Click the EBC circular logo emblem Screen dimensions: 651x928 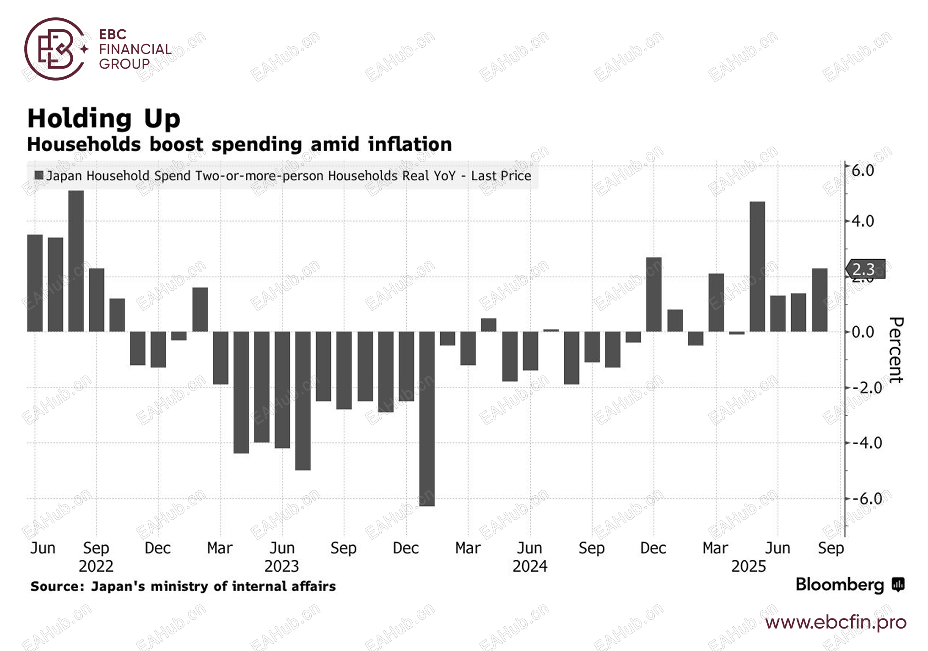click(55, 49)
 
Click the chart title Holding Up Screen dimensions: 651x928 click(104, 119)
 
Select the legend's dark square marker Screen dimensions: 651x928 click(39, 175)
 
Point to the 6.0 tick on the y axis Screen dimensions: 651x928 click(863, 170)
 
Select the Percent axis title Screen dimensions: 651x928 click(896, 350)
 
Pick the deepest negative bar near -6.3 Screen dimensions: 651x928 click(427, 418)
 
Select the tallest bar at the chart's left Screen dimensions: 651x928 click(76, 261)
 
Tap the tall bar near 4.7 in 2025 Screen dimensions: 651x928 click(757, 266)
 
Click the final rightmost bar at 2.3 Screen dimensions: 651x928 click(820, 300)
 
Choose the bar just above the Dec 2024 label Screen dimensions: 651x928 click(654, 294)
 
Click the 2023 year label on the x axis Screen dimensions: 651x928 click(281, 566)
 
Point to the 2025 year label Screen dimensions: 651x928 click(748, 566)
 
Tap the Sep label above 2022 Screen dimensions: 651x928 click(96, 548)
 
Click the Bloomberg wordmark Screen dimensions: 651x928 click(840, 585)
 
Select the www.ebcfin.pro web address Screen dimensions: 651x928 click(836, 622)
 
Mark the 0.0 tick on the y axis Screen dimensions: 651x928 click(863, 332)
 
